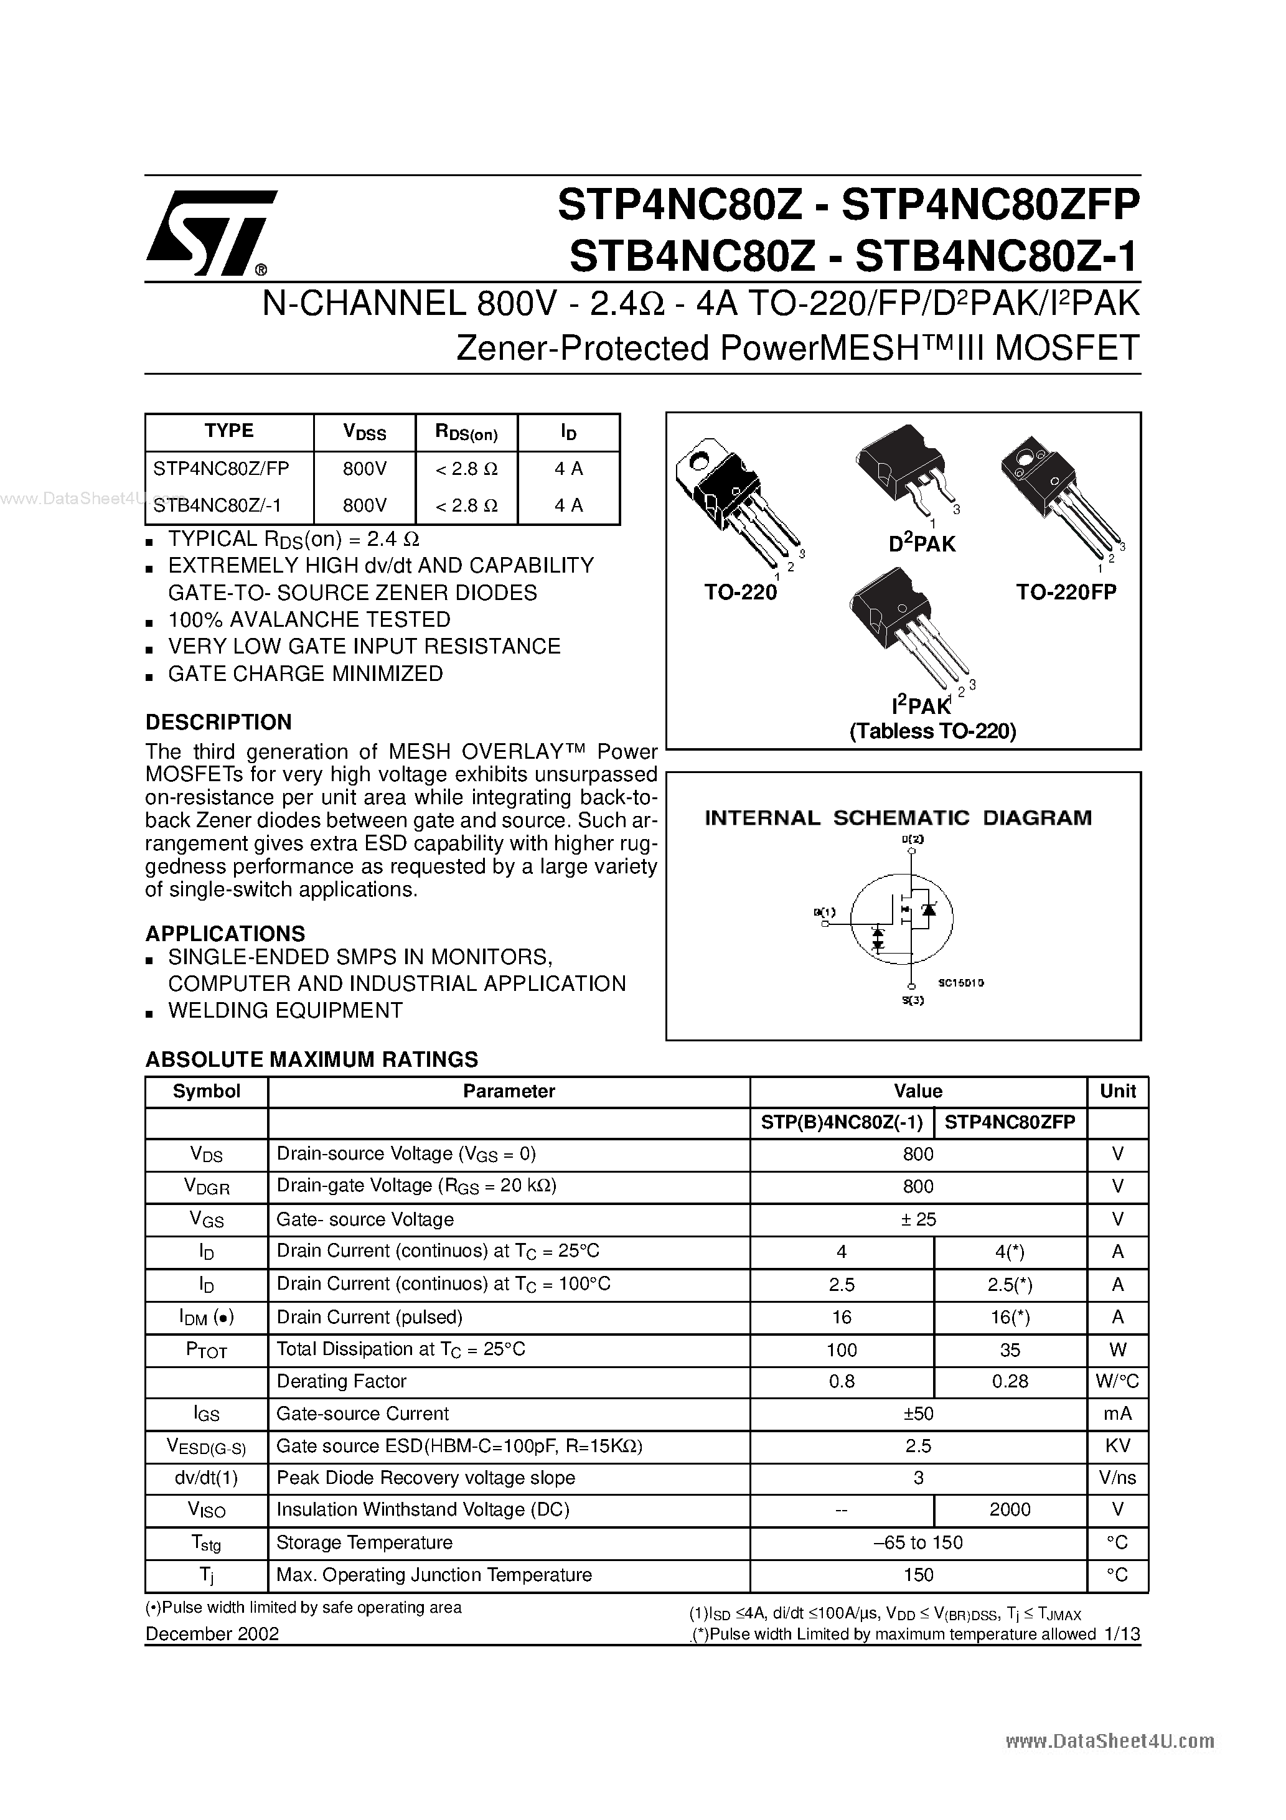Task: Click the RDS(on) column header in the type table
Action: pyautogui.click(x=466, y=433)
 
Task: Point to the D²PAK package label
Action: pyautogui.click(x=921, y=544)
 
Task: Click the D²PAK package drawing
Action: pyautogui.click(x=904, y=472)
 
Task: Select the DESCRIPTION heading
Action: pyautogui.click(x=219, y=722)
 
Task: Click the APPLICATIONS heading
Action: pyautogui.click(x=225, y=934)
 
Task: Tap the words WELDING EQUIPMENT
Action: pyautogui.click(x=286, y=1011)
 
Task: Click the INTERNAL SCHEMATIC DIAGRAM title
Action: pyautogui.click(x=898, y=818)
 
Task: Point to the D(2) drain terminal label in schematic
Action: pyautogui.click(x=913, y=838)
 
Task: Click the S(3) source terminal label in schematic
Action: pyautogui.click(x=913, y=1000)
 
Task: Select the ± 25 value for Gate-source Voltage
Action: pyautogui.click(x=918, y=1219)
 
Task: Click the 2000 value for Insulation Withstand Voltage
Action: pyautogui.click(x=1009, y=1510)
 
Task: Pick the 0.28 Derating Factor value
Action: pyautogui.click(x=1009, y=1382)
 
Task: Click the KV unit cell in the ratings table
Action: pyautogui.click(x=1117, y=1446)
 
